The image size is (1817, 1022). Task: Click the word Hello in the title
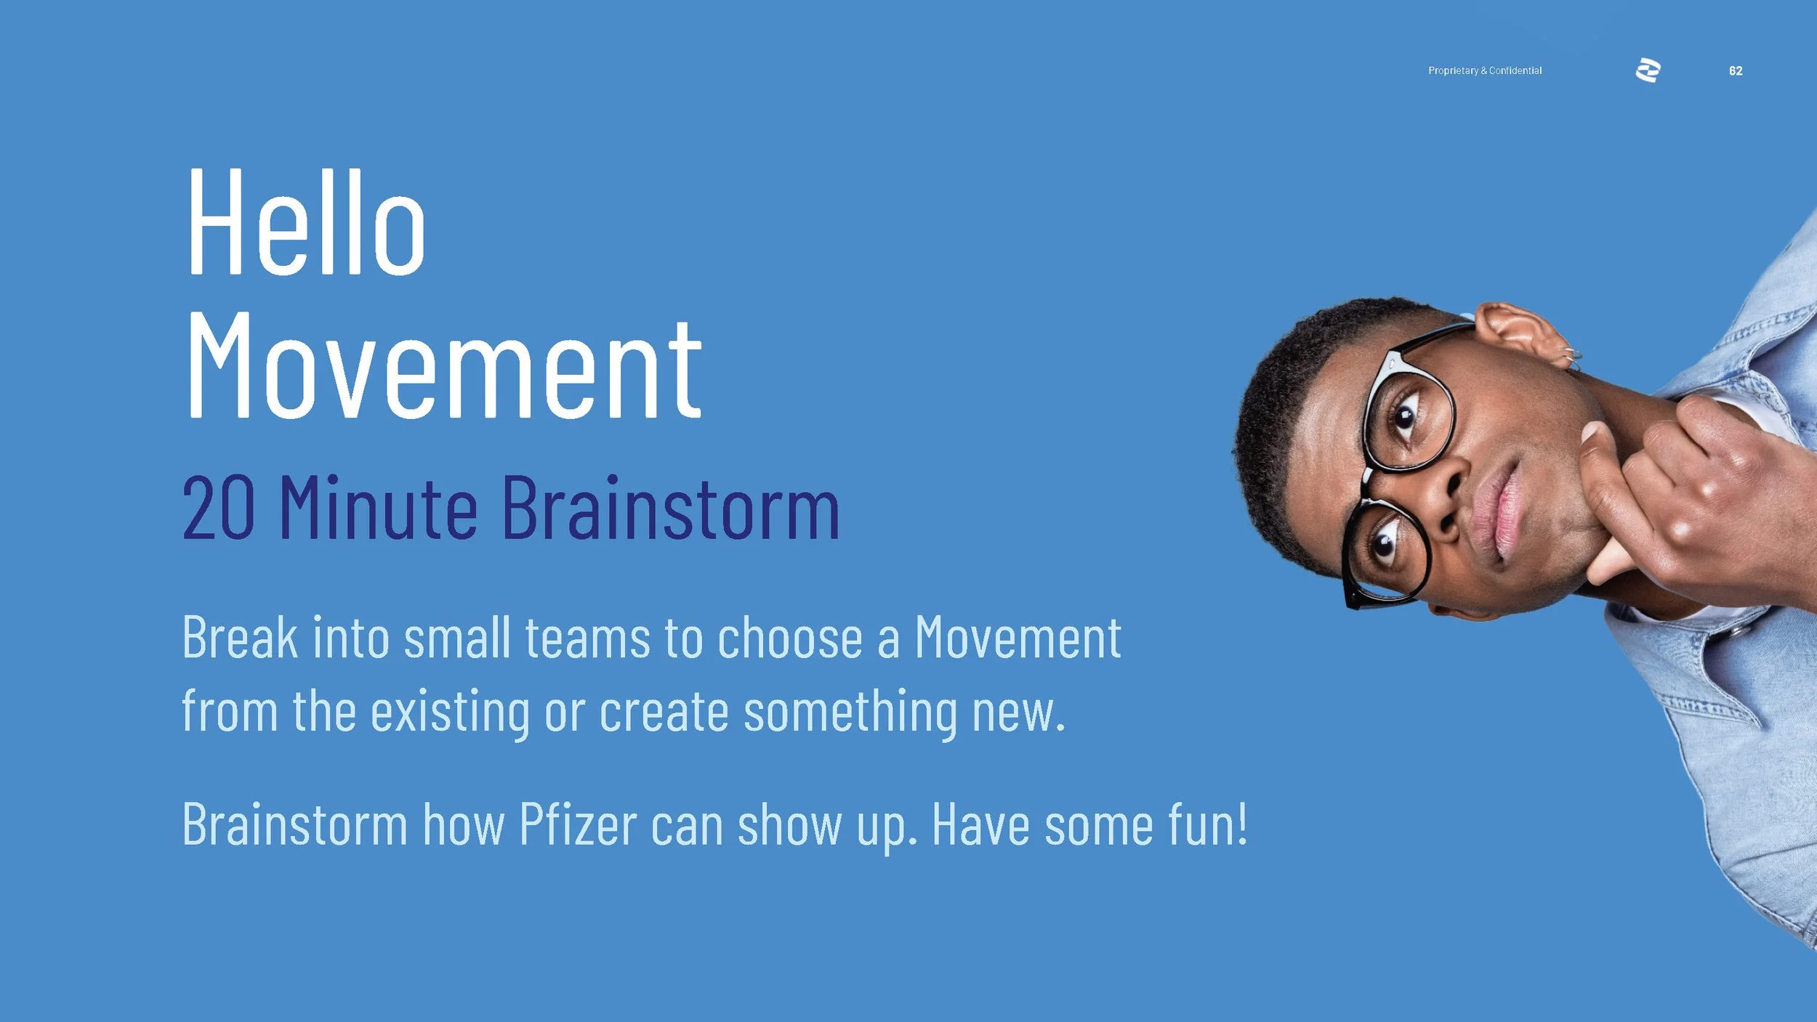click(x=305, y=222)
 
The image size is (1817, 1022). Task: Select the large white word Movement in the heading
click(x=444, y=367)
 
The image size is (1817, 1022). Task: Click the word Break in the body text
click(x=240, y=638)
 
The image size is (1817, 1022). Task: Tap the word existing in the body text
click(x=450, y=712)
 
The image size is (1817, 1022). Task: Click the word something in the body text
click(x=850, y=712)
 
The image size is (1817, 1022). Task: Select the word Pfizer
click(x=578, y=825)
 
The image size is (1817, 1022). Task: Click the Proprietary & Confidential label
click(x=1484, y=70)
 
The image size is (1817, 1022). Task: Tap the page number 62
click(x=1736, y=70)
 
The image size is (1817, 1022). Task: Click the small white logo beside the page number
click(x=1648, y=70)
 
